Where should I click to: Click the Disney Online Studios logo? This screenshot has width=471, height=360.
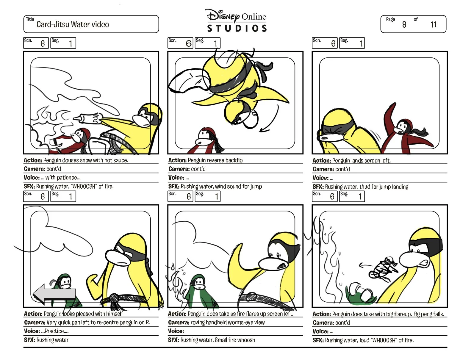click(237, 21)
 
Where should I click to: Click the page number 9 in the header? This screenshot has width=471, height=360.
click(404, 24)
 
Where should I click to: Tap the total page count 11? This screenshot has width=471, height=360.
click(434, 24)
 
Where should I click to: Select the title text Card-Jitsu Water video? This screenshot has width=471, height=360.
click(73, 24)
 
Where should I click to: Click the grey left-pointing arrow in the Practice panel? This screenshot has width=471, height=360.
click(54, 294)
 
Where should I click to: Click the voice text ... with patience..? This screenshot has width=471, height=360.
click(61, 178)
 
